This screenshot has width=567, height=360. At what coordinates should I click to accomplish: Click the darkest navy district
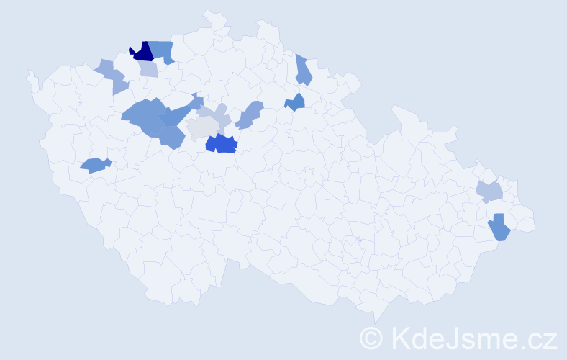coord(142,52)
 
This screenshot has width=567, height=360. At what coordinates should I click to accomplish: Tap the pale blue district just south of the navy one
coord(149,69)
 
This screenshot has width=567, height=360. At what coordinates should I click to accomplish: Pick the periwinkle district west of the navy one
coord(114,77)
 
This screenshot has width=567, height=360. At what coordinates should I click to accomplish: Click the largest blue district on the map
coord(142,115)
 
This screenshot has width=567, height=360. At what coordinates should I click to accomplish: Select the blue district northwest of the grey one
coord(180,112)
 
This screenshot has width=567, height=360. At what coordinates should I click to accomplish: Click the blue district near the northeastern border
coord(303,71)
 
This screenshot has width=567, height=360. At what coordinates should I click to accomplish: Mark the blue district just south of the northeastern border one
coord(296,103)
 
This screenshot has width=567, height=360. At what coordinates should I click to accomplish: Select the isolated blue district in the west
coord(94,165)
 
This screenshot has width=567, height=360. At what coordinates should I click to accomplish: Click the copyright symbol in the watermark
coord(373,337)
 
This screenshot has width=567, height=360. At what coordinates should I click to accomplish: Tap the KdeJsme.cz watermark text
coord(473,337)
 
